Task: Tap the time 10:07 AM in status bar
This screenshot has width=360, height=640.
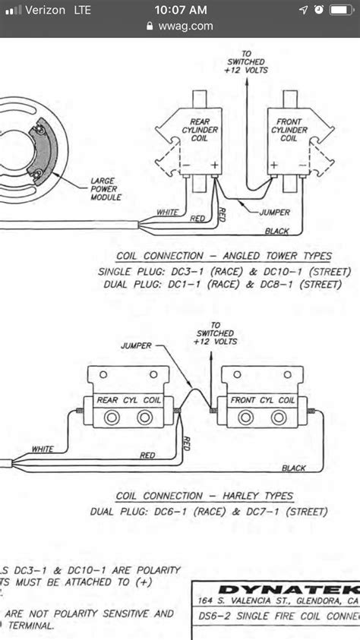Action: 180,10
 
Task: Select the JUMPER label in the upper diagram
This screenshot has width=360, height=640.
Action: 274,213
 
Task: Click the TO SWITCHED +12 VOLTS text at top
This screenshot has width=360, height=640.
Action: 245,61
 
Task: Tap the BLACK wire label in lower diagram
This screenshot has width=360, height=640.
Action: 293,468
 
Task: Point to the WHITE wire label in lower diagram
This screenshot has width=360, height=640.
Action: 43,449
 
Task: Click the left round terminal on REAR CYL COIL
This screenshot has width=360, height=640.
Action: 110,418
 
